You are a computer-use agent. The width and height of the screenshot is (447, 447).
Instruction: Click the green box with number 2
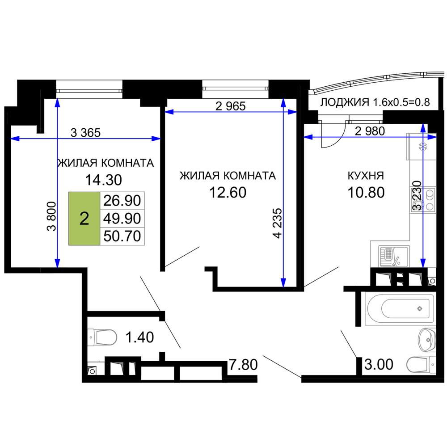[84, 219]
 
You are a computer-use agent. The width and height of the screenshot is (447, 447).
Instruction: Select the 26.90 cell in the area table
[122, 201]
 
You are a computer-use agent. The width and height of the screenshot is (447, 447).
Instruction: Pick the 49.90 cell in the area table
[122, 219]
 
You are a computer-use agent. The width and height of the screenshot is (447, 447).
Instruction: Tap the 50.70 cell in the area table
[122, 236]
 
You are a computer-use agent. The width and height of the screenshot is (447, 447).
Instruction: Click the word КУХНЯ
[366, 176]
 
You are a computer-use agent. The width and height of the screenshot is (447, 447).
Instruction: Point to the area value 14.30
[104, 180]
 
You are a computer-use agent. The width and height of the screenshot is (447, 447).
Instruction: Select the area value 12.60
[228, 192]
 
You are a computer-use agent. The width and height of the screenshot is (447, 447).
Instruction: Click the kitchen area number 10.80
[366, 192]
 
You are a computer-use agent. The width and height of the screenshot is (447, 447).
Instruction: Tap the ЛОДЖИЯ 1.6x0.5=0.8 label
[375, 102]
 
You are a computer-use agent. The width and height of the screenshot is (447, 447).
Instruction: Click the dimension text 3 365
[85, 133]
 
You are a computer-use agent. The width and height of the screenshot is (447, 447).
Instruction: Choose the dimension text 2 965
[230, 106]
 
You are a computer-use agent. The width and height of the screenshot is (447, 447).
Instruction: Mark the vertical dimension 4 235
[277, 223]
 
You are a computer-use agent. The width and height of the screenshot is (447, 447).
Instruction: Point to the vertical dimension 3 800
[51, 216]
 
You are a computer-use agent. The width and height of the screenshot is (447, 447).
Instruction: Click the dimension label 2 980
[370, 131]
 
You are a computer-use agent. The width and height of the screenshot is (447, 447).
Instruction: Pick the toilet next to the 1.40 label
[102, 337]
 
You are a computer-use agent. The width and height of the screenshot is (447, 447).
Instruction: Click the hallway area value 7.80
[243, 365]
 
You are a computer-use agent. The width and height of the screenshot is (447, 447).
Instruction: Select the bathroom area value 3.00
[379, 364]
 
